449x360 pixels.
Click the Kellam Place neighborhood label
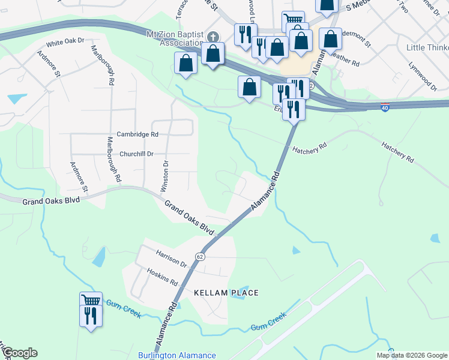(226, 293)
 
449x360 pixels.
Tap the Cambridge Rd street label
(137, 134)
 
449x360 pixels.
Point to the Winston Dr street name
(164, 176)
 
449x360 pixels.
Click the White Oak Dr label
(66, 43)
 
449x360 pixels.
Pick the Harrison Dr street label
(172, 259)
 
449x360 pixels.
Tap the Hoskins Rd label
(163, 277)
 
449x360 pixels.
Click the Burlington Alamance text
(177, 355)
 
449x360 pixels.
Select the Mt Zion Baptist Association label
(175, 38)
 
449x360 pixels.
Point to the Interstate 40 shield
(385, 108)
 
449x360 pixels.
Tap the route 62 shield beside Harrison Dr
(200, 256)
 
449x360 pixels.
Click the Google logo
(19, 353)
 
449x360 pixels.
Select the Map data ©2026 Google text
(411, 355)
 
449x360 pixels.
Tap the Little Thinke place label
(427, 47)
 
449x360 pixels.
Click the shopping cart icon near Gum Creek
(91, 300)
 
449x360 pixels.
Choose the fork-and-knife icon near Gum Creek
(91, 314)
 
